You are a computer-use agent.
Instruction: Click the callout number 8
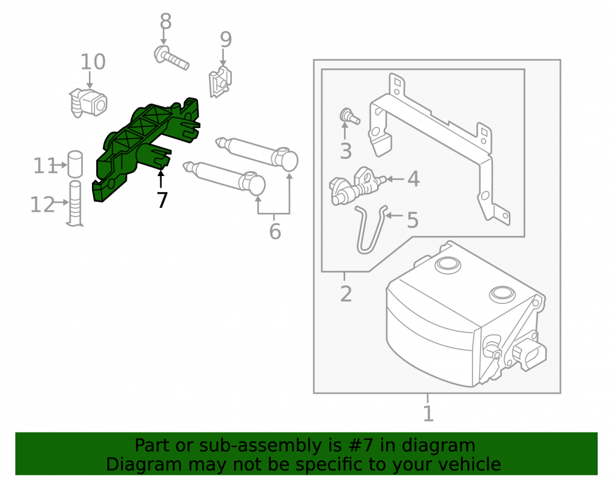coord(166,21)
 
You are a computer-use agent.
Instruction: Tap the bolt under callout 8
coord(171,58)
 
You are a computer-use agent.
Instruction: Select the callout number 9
coord(226,39)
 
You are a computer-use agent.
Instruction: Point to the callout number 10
coord(93,62)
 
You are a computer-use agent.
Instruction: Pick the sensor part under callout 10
coord(88,103)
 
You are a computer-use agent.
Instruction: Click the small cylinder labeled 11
coord(75,164)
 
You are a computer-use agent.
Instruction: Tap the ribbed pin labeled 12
coord(75,204)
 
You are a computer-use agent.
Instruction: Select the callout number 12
coord(43,204)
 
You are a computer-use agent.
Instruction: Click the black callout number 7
coord(162,200)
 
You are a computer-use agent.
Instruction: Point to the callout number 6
coord(275,231)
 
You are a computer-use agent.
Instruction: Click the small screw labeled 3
coord(349,117)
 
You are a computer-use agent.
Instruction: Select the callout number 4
coord(413,179)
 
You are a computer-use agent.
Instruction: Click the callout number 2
coord(346,294)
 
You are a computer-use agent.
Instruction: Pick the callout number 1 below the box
coord(428,414)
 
